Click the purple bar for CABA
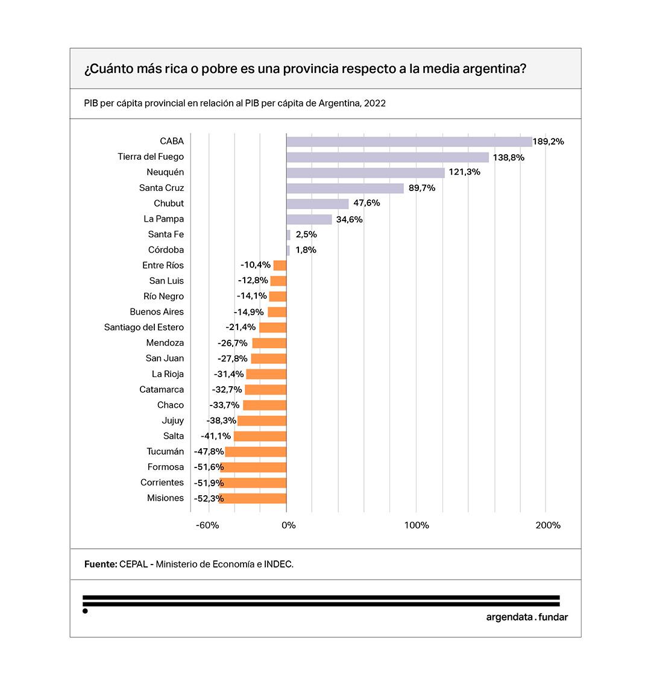[x=409, y=142]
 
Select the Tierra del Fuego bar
[x=387, y=157]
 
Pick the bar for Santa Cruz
[x=345, y=189]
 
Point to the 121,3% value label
[x=464, y=172]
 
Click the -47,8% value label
[x=209, y=452]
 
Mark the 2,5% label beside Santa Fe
[x=306, y=234]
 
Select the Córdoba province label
[x=166, y=250]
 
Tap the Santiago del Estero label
[x=144, y=327]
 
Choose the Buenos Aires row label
[x=157, y=312]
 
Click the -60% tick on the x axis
[x=207, y=525]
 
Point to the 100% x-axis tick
[x=417, y=525]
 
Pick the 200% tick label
[x=548, y=525]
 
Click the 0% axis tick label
[x=289, y=525]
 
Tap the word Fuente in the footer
[x=100, y=564]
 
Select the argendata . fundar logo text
[x=527, y=617]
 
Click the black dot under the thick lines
[x=85, y=611]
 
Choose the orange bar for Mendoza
[x=269, y=343]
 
